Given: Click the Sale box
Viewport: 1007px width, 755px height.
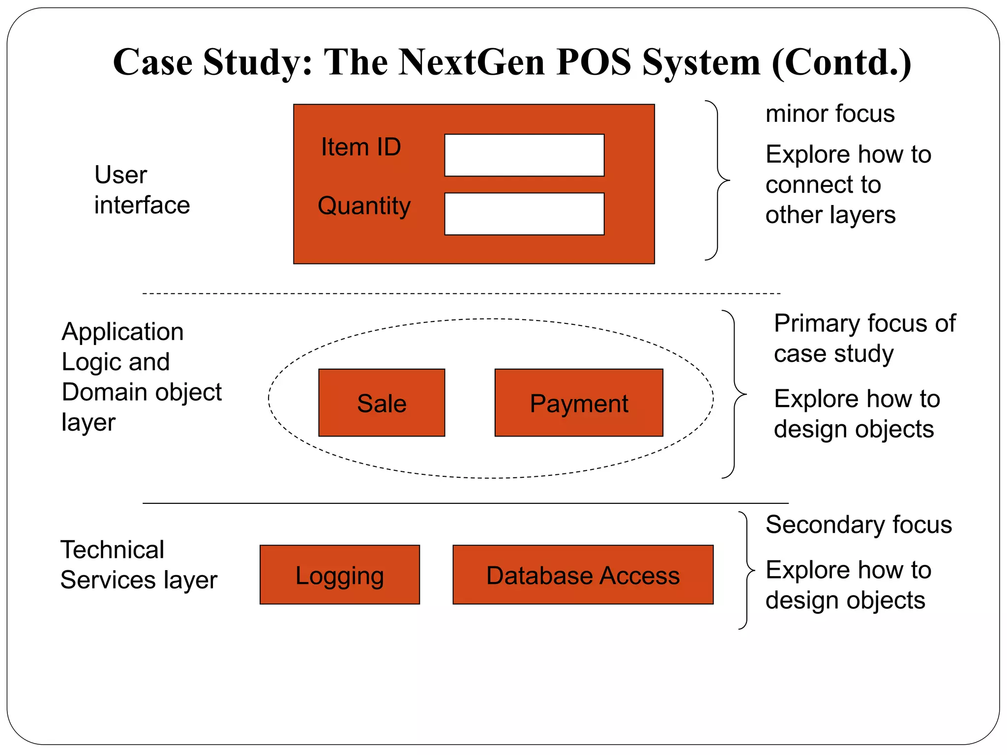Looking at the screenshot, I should (382, 403).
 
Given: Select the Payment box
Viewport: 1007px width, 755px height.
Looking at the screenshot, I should (579, 403).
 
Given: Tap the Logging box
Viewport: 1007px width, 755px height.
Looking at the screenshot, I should (339, 575).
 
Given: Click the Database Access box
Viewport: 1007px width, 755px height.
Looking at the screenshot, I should (583, 575).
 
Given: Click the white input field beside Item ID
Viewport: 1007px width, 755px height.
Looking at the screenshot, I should (524, 155).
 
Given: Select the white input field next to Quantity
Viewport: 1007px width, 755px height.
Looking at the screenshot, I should (524, 214).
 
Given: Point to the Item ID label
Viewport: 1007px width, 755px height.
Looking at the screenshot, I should (361, 147).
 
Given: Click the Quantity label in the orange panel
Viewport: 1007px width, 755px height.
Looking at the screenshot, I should (364, 205).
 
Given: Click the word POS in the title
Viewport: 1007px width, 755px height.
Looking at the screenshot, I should (593, 62).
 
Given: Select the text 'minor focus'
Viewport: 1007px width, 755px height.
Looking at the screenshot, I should (830, 114).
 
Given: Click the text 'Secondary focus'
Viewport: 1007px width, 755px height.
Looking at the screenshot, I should (859, 524).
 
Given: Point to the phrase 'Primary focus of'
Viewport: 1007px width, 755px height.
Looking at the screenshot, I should (864, 323).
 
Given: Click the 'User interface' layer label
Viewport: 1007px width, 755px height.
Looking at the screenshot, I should (142, 190).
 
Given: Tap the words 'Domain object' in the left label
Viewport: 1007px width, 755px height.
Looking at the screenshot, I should (142, 392).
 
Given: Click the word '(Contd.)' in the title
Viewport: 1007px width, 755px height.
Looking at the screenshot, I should (841, 62).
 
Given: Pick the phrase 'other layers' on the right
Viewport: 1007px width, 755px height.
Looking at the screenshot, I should (830, 215).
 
